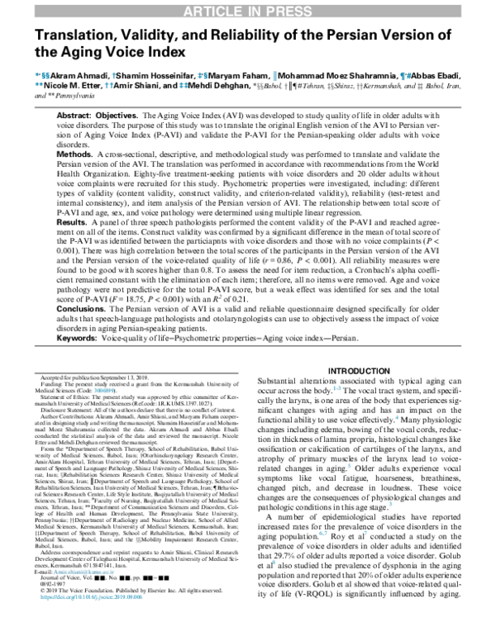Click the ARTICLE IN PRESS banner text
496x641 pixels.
point(247,9)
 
